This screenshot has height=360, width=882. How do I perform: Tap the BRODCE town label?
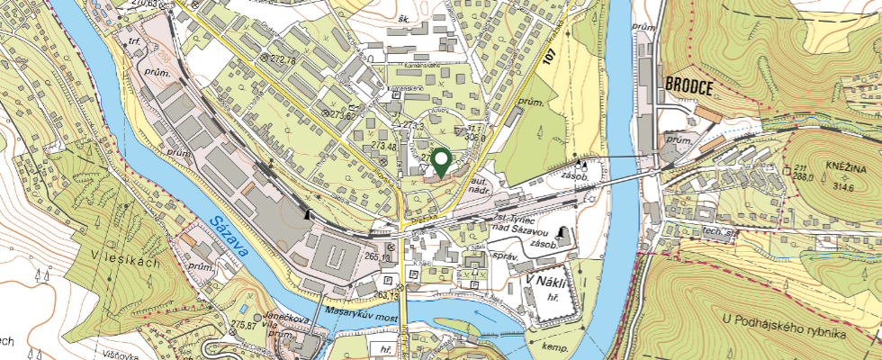690,86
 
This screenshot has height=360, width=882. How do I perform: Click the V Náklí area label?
549,281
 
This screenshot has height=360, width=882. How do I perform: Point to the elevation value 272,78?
283,60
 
